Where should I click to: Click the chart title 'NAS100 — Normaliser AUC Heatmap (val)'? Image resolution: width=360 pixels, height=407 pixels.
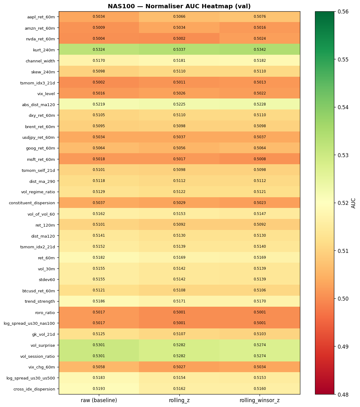179,6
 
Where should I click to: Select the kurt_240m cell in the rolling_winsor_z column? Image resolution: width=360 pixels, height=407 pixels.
260,50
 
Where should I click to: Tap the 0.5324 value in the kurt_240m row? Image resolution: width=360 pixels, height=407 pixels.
99,50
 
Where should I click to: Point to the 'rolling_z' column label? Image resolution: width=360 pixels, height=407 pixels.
179,400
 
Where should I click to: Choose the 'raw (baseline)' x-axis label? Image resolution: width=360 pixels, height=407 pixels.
99,400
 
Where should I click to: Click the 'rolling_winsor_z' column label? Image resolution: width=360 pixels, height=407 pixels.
260,400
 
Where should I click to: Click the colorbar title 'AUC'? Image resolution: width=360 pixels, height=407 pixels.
354,203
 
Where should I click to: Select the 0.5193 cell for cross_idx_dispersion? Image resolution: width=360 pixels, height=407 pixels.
99,389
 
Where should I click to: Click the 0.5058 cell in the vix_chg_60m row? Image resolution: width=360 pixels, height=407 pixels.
99,367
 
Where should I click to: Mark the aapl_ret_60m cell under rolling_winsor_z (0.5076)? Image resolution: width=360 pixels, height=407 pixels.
260,17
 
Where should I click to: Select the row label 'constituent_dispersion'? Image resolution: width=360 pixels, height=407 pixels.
32,203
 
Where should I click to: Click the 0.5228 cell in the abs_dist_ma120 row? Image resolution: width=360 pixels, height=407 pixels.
260,104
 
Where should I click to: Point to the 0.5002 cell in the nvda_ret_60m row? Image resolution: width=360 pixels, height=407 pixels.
179,39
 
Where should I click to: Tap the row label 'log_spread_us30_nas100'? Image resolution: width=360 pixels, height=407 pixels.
29,323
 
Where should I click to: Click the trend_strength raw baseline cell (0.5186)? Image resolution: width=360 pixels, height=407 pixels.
99,301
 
